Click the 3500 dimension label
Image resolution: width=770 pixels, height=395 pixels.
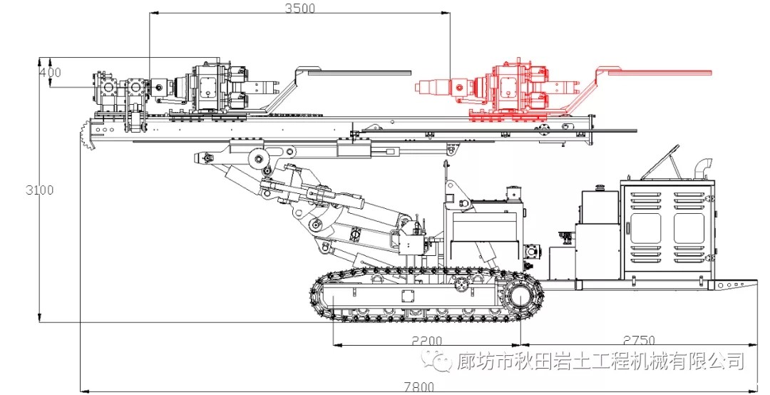(x=299, y=9)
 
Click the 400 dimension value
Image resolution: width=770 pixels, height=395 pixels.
(x=50, y=73)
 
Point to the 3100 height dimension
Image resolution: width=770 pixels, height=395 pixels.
(x=40, y=190)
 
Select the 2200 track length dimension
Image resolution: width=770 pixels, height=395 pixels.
(x=427, y=340)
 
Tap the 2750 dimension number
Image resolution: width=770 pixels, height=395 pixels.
(x=639, y=340)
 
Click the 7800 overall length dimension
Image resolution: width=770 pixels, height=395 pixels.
(x=420, y=386)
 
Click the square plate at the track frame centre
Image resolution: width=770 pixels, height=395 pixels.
(x=409, y=297)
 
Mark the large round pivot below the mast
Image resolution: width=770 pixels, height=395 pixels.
(x=258, y=159)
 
